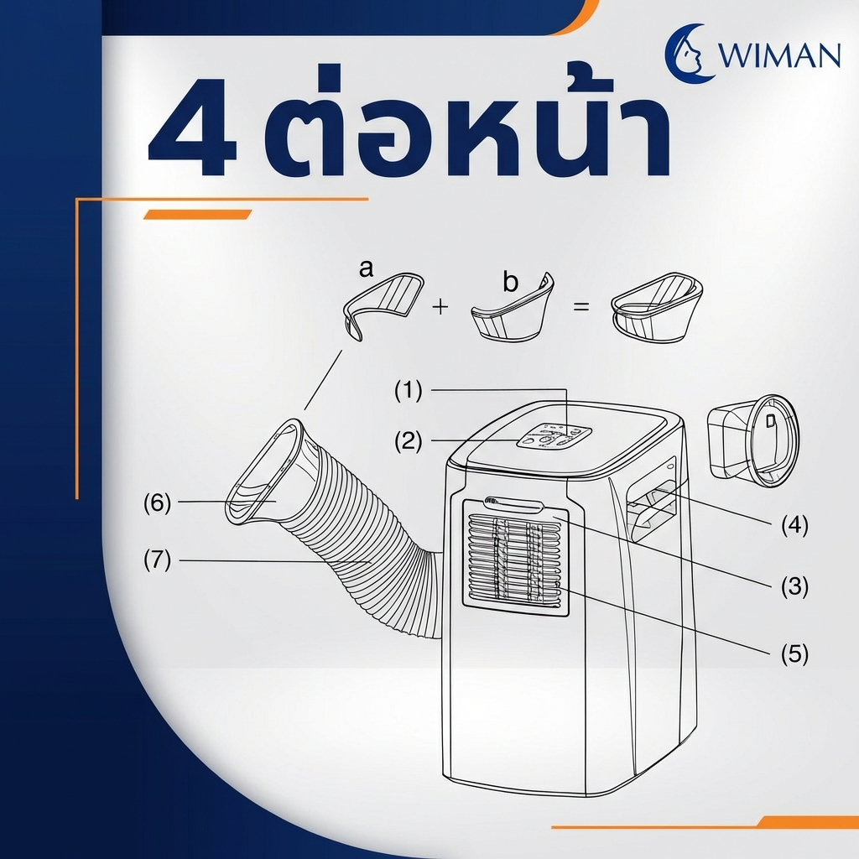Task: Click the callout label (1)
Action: click(409, 391)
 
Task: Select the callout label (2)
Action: click(409, 441)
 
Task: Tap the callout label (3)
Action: click(794, 586)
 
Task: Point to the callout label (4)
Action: click(794, 525)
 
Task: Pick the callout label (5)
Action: click(794, 653)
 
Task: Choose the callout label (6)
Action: click(157, 502)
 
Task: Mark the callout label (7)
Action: click(157, 560)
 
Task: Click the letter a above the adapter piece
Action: click(366, 268)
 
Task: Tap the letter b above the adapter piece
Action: click(510, 282)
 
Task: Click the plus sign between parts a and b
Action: click(440, 307)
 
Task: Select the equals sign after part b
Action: click(580, 306)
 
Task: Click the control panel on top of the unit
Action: click(554, 437)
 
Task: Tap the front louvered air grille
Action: click(515, 560)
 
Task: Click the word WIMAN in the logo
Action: click(778, 55)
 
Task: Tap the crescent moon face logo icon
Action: click(688, 53)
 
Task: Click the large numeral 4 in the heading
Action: click(193, 127)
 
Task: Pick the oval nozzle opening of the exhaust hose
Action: click(263, 471)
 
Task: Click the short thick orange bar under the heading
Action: click(197, 215)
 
